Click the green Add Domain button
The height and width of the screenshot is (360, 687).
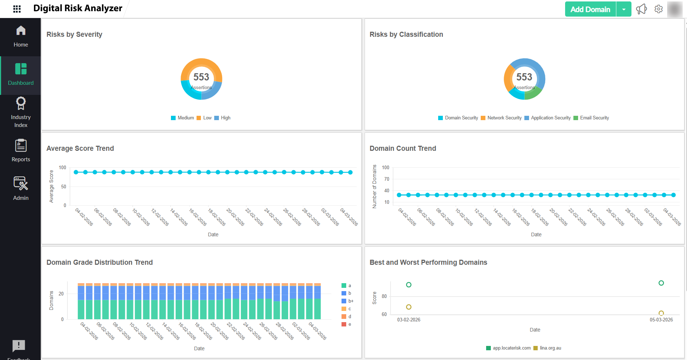point(590,9)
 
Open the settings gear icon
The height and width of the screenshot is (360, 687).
point(659,9)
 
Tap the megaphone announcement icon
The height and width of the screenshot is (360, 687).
point(641,9)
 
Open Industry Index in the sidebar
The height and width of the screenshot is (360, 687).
point(21,111)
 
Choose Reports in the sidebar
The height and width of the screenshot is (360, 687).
point(21,150)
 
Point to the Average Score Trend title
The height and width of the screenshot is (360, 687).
point(80,148)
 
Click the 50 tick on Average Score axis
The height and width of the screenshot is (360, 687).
point(64,186)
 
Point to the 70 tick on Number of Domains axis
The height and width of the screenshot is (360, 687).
point(387,179)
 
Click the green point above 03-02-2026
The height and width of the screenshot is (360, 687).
point(409,285)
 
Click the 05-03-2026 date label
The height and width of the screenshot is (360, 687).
point(661,320)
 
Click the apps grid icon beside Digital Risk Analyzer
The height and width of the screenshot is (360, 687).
point(17,9)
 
